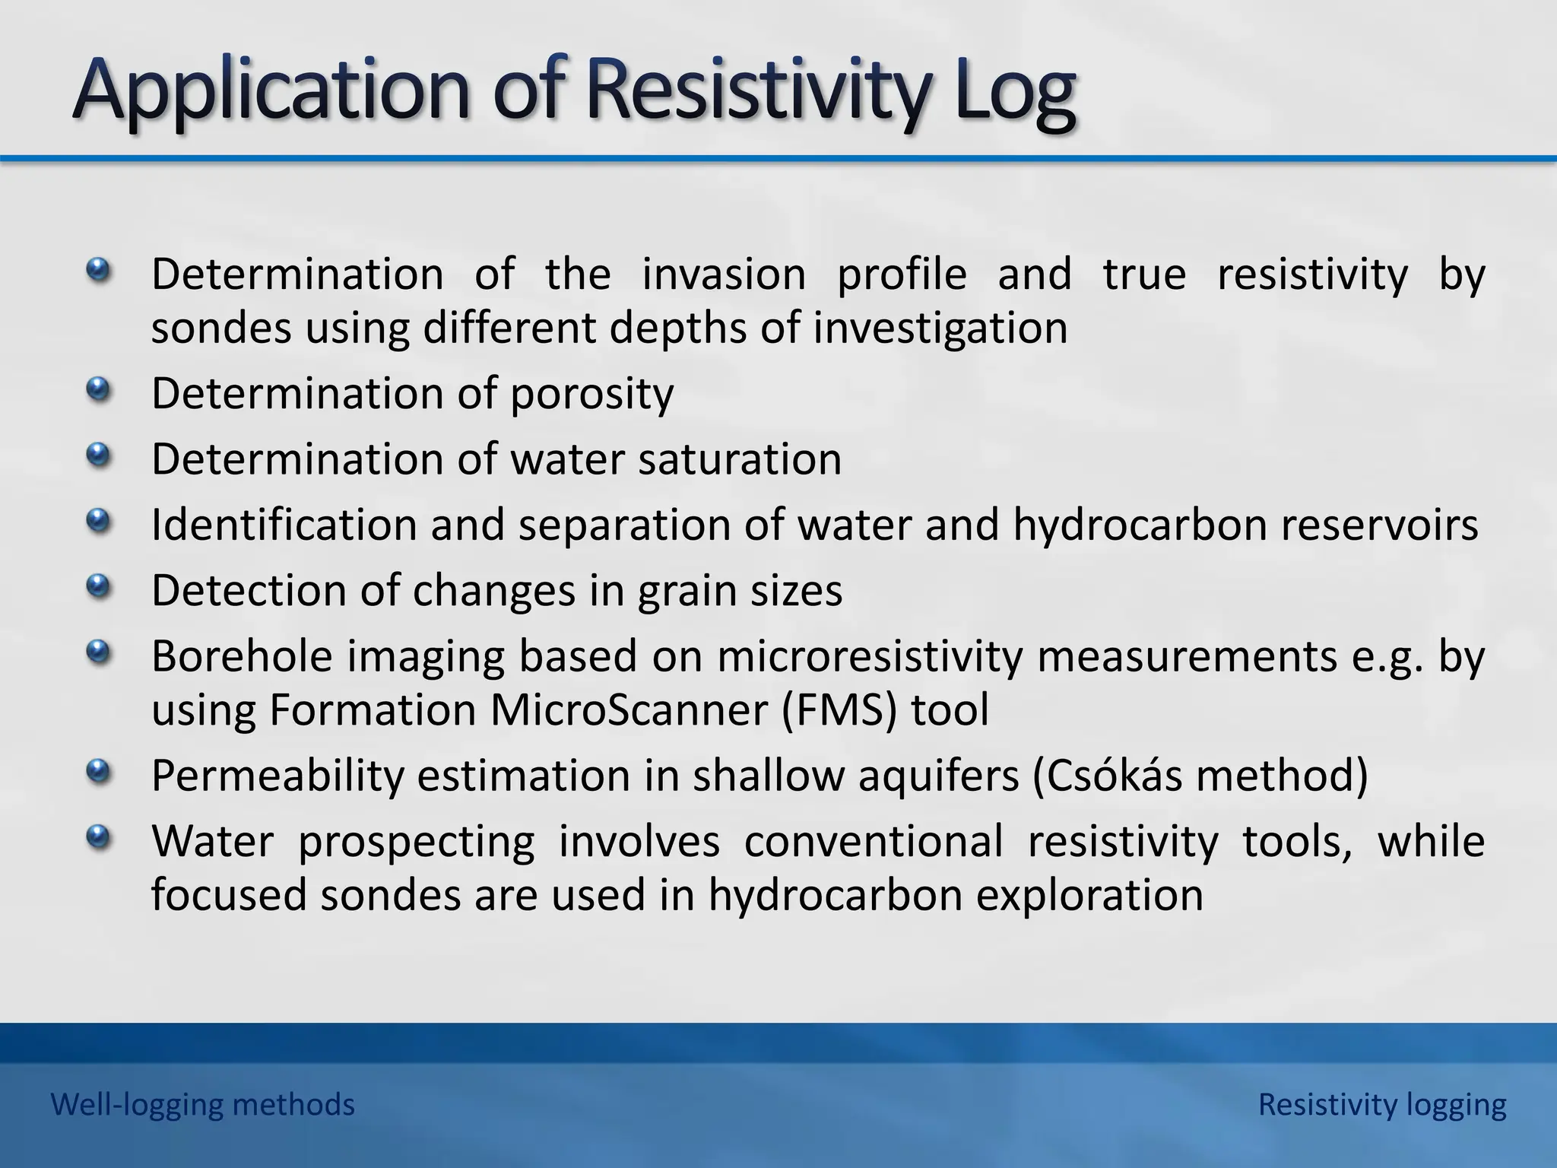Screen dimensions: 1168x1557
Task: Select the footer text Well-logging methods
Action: coord(202,1104)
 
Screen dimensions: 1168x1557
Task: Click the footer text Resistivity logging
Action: coord(1381,1104)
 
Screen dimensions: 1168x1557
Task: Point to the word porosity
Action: coord(591,394)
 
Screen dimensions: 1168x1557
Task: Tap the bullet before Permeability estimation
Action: coord(97,773)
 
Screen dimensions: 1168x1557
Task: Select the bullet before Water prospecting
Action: coord(97,838)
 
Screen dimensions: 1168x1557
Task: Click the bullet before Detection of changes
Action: coord(97,586)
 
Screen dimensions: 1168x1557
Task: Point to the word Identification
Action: coord(284,525)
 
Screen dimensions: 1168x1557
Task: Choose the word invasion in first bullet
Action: coord(724,274)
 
